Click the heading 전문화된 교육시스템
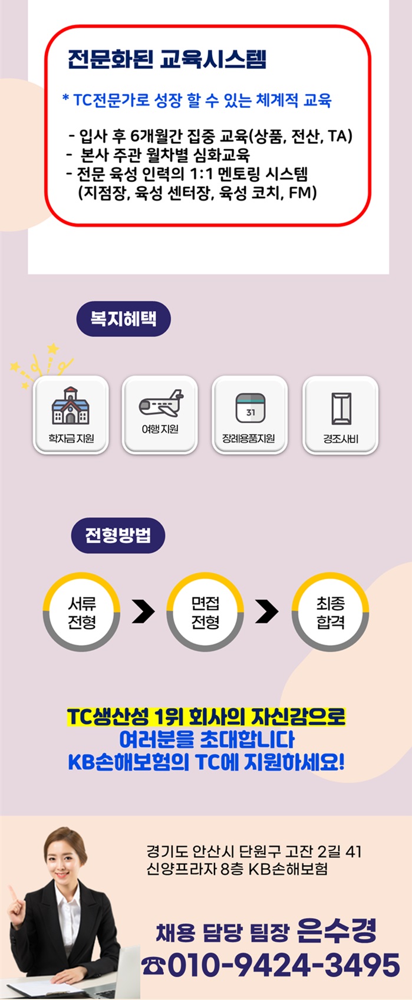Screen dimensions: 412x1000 pos(167,59)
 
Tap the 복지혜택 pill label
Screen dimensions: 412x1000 pos(124,319)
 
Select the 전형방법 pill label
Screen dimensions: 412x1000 pos(118,535)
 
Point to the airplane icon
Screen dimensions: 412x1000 pos(161,403)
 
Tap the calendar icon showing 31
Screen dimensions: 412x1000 pos(251,408)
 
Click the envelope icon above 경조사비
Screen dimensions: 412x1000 pos(341,409)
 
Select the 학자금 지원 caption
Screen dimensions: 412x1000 pos(71,439)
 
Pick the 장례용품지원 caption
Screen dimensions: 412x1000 pos(249,439)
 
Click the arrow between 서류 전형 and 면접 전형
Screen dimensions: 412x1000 pos(144,611)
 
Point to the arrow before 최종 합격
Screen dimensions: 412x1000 pos(267,611)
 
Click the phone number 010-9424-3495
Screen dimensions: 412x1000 pos(284,965)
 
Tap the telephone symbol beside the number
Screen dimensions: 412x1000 pos(153,966)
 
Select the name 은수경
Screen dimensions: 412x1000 pos(337,930)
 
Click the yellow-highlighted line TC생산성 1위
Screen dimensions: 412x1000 pos(206,716)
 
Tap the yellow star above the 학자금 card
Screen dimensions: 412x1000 pos(53,348)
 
